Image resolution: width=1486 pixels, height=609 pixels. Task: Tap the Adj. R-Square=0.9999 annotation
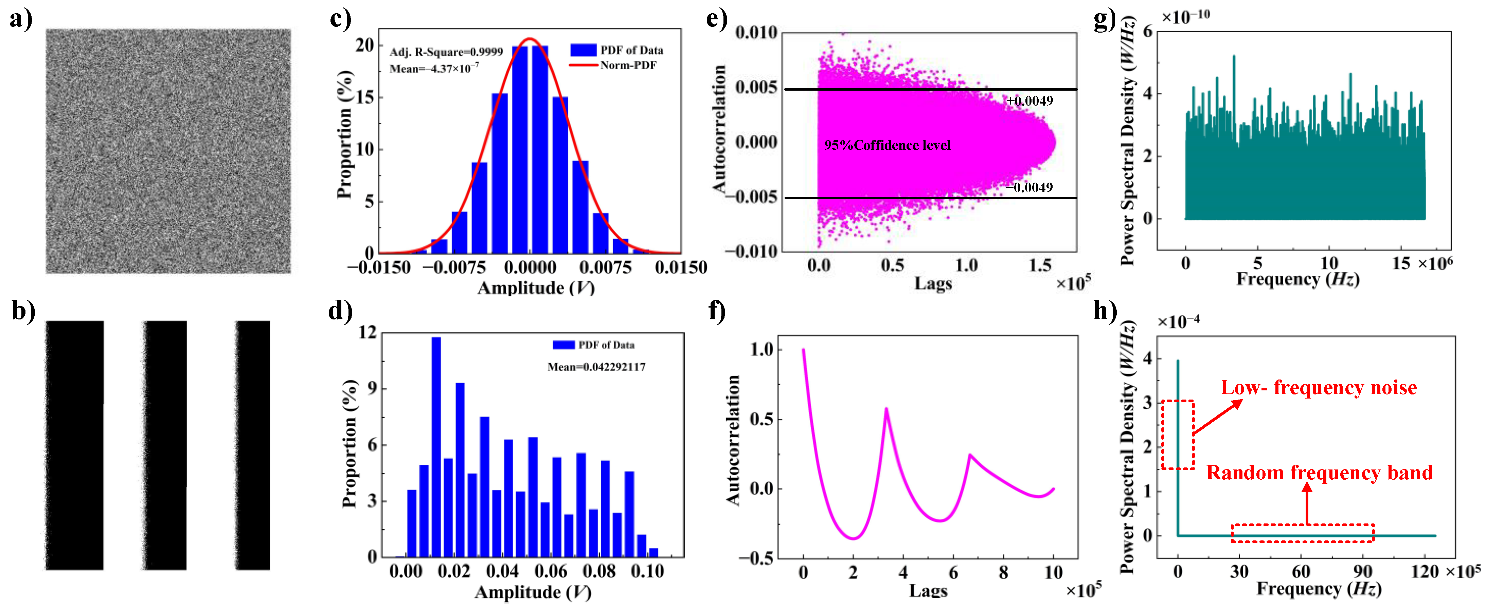(446, 52)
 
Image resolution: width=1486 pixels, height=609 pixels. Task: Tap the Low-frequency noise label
(1319, 388)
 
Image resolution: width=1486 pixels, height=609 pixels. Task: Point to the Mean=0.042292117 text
(596, 367)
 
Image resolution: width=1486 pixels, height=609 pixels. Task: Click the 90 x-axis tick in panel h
(1363, 572)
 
